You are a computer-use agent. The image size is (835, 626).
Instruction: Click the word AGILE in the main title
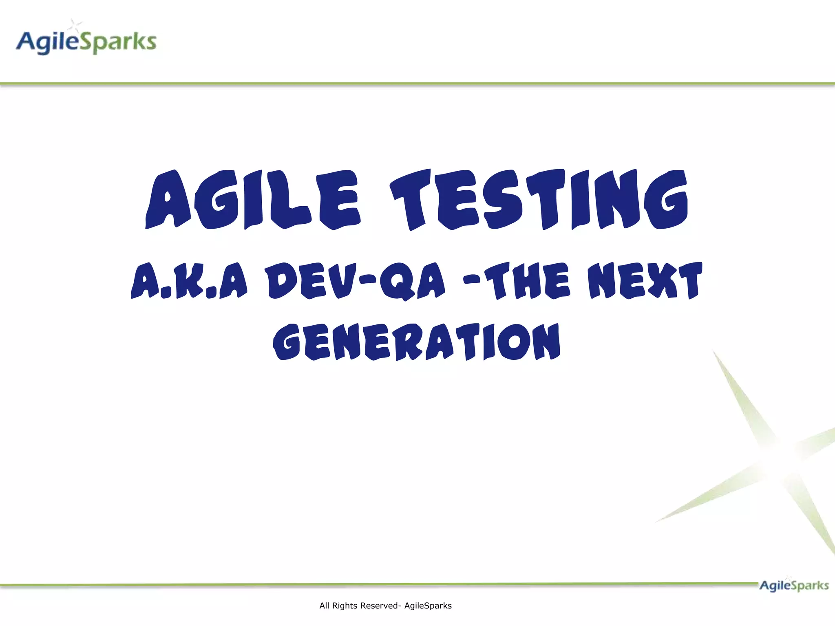tap(253, 200)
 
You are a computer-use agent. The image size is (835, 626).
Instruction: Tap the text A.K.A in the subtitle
tap(189, 281)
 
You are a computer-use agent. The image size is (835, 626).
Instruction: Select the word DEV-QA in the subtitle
tap(355, 281)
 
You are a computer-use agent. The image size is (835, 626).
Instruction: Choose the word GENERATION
tap(417, 342)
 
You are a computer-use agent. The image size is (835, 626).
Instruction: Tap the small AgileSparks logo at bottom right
tap(794, 586)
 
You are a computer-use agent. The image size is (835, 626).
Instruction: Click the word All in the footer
tap(324, 606)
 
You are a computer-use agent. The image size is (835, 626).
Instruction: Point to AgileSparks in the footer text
tap(428, 606)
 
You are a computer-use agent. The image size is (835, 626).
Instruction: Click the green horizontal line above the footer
tap(367, 584)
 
